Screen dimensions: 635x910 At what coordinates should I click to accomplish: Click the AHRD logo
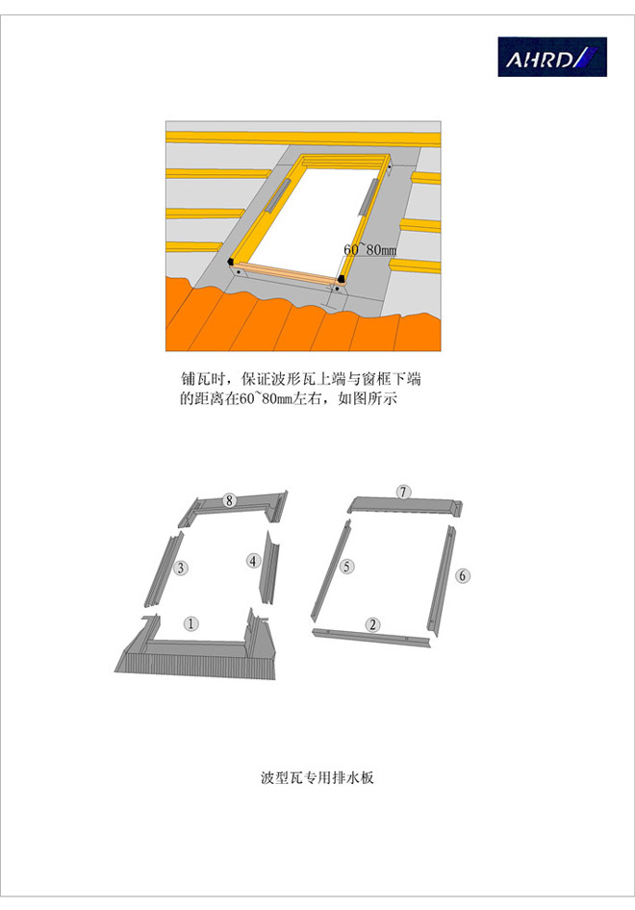point(552,57)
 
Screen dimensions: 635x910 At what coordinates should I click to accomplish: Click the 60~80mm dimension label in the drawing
point(369,249)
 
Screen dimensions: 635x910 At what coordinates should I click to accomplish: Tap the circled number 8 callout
point(230,499)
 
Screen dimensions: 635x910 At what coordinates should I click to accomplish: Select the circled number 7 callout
point(403,492)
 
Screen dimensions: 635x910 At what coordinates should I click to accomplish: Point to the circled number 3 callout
point(181,567)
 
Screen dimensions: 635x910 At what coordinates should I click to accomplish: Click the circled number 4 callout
point(253,561)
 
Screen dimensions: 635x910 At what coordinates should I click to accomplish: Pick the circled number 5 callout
point(346,566)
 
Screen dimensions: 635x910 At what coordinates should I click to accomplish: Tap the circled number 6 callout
point(463,575)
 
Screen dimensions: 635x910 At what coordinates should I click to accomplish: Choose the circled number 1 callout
point(190,623)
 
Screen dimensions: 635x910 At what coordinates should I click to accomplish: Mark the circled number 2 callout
point(372,624)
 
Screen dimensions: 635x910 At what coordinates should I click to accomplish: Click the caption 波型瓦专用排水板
point(317,777)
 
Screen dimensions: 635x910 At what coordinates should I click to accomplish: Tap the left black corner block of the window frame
point(231,261)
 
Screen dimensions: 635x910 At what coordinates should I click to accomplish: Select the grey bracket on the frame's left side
point(277,195)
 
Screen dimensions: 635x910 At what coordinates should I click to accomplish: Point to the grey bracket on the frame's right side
point(369,196)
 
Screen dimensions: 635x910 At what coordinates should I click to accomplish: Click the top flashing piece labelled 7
point(405,505)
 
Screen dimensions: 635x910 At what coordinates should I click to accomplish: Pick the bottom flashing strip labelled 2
point(371,638)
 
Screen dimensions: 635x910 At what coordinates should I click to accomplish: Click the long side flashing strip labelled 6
point(443,580)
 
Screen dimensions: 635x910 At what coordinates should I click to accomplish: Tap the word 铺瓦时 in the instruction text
point(201,380)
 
